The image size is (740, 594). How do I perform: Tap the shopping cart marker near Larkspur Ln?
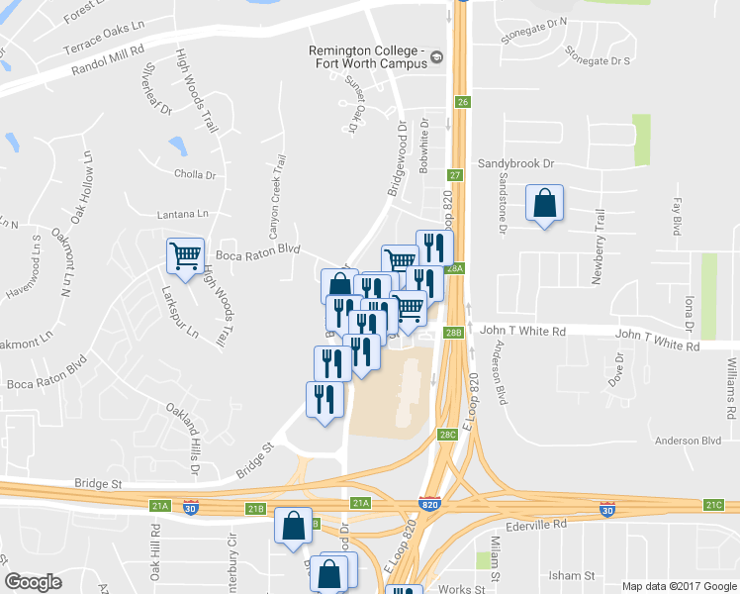click(x=185, y=257)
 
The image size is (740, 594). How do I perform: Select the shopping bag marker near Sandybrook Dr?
click(x=544, y=204)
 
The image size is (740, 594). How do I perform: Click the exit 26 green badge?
click(x=462, y=102)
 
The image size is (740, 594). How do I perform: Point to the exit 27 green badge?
click(x=456, y=175)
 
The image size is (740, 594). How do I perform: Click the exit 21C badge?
click(x=713, y=505)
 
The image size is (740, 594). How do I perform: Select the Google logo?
click(x=34, y=582)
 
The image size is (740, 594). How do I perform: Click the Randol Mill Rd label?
click(x=109, y=59)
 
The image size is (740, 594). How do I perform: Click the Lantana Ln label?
click(x=183, y=214)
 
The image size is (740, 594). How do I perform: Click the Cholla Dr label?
click(x=195, y=175)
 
